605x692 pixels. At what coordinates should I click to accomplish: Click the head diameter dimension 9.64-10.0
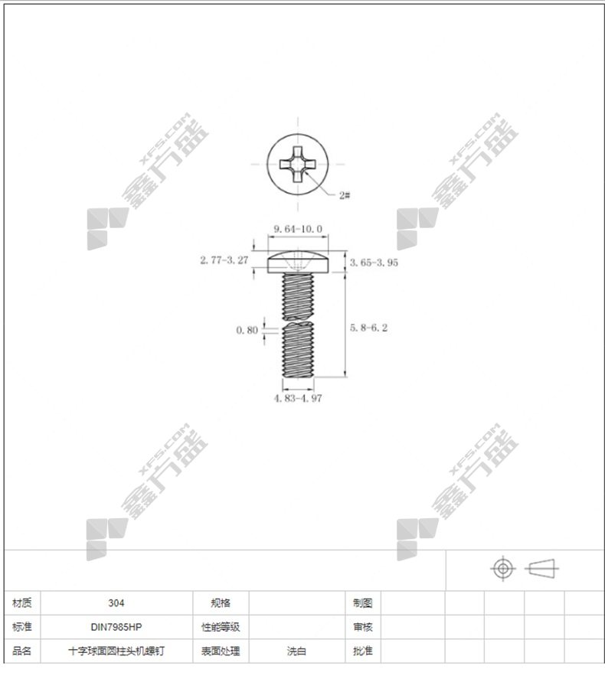298,229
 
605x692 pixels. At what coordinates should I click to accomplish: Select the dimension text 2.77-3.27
224,260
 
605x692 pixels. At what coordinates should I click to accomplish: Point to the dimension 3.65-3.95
374,263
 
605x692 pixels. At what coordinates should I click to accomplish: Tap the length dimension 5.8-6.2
368,328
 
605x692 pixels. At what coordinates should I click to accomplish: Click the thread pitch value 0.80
247,330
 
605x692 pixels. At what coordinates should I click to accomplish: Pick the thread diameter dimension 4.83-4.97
298,398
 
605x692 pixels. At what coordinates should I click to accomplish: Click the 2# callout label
345,194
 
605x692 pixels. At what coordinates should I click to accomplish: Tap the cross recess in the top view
298,164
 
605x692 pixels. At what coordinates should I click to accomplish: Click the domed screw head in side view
298,261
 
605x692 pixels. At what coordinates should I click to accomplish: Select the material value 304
116,603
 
